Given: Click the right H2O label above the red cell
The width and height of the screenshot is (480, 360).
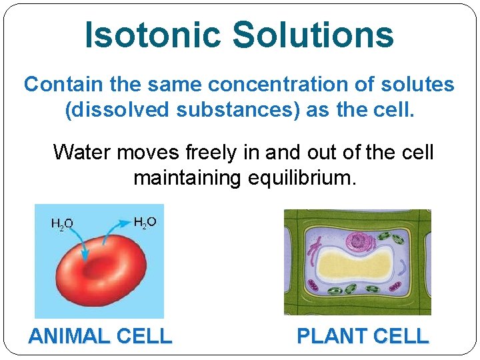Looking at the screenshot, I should pos(145,222).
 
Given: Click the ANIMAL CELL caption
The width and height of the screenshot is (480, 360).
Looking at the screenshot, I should pos(100,336).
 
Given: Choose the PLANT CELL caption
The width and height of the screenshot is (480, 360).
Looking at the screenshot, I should pos(362,336).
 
